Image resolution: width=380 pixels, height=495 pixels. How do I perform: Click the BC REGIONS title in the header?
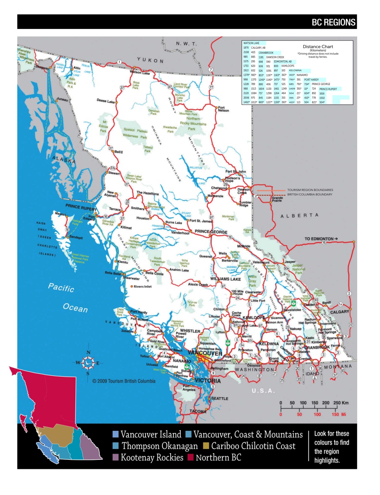[x=333, y=22]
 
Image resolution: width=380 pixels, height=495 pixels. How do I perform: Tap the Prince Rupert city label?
[x=81, y=207]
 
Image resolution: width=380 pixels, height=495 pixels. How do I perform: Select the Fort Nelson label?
[x=223, y=109]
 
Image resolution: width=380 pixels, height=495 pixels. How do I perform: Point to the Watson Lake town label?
[x=140, y=73]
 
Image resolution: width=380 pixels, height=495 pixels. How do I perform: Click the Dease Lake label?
[x=105, y=101]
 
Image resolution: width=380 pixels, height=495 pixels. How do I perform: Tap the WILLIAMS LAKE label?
[x=225, y=279]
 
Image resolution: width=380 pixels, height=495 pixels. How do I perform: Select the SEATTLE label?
[x=219, y=398]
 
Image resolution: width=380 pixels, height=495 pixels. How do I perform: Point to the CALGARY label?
[x=339, y=312]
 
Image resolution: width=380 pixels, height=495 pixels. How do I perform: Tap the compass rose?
[x=88, y=363]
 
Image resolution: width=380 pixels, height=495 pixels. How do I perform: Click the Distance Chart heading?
[x=318, y=46]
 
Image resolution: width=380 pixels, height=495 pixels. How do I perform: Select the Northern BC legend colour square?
[x=190, y=458]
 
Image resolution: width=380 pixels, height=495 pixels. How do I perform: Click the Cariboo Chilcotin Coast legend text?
[x=253, y=446]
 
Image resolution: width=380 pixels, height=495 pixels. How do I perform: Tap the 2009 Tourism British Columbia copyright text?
[x=124, y=381]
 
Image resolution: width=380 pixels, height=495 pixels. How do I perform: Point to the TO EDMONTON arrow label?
[x=321, y=239]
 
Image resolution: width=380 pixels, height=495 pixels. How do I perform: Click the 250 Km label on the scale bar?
[x=341, y=403]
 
